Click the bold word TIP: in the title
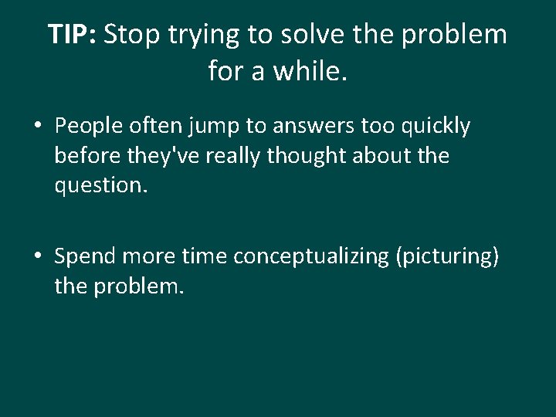coord(72,35)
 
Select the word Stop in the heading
coord(128,35)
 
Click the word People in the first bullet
coord(91,126)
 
